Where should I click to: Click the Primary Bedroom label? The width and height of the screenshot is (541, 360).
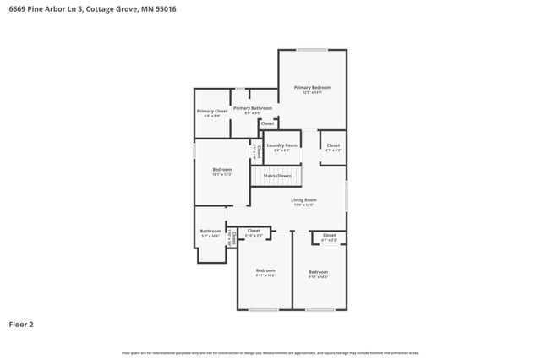pyautogui.click(x=312, y=88)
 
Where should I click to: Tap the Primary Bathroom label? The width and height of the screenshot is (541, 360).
pyautogui.click(x=252, y=108)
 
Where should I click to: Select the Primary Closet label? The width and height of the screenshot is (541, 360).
pyautogui.click(x=212, y=111)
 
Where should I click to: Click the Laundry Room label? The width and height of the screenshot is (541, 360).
pyautogui.click(x=282, y=145)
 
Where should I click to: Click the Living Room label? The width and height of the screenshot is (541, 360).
pyautogui.click(x=303, y=199)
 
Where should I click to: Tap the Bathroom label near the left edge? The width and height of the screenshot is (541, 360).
pyautogui.click(x=210, y=231)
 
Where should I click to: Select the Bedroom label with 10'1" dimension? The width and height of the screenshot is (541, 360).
pyautogui.click(x=221, y=169)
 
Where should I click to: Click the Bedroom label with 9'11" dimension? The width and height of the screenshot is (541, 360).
pyautogui.click(x=265, y=270)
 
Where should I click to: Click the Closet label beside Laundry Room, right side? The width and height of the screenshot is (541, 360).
pyautogui.click(x=333, y=145)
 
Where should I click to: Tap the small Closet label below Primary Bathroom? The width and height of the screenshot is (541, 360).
pyautogui.click(x=267, y=123)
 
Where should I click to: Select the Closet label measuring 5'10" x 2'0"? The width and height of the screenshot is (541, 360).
pyautogui.click(x=254, y=230)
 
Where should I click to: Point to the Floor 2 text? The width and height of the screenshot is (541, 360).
pyautogui.click(x=21, y=324)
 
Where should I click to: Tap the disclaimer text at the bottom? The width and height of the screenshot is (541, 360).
pyautogui.click(x=270, y=352)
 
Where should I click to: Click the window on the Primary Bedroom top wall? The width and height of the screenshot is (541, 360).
pyautogui.click(x=312, y=50)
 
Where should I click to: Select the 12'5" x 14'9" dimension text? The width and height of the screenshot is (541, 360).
pyautogui.click(x=312, y=93)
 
